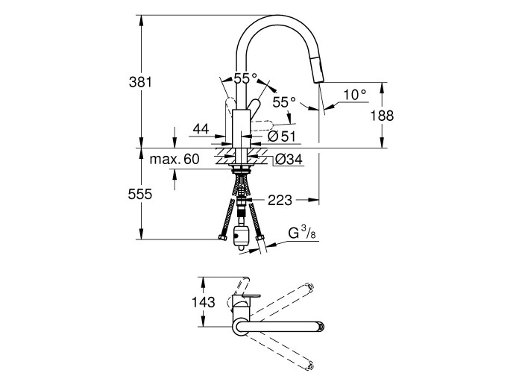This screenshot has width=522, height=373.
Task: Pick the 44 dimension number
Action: (x=200, y=129)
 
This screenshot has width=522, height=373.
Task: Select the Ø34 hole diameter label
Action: (x=289, y=159)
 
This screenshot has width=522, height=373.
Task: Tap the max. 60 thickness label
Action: (x=174, y=159)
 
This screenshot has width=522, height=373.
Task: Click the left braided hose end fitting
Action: (x=221, y=238)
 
